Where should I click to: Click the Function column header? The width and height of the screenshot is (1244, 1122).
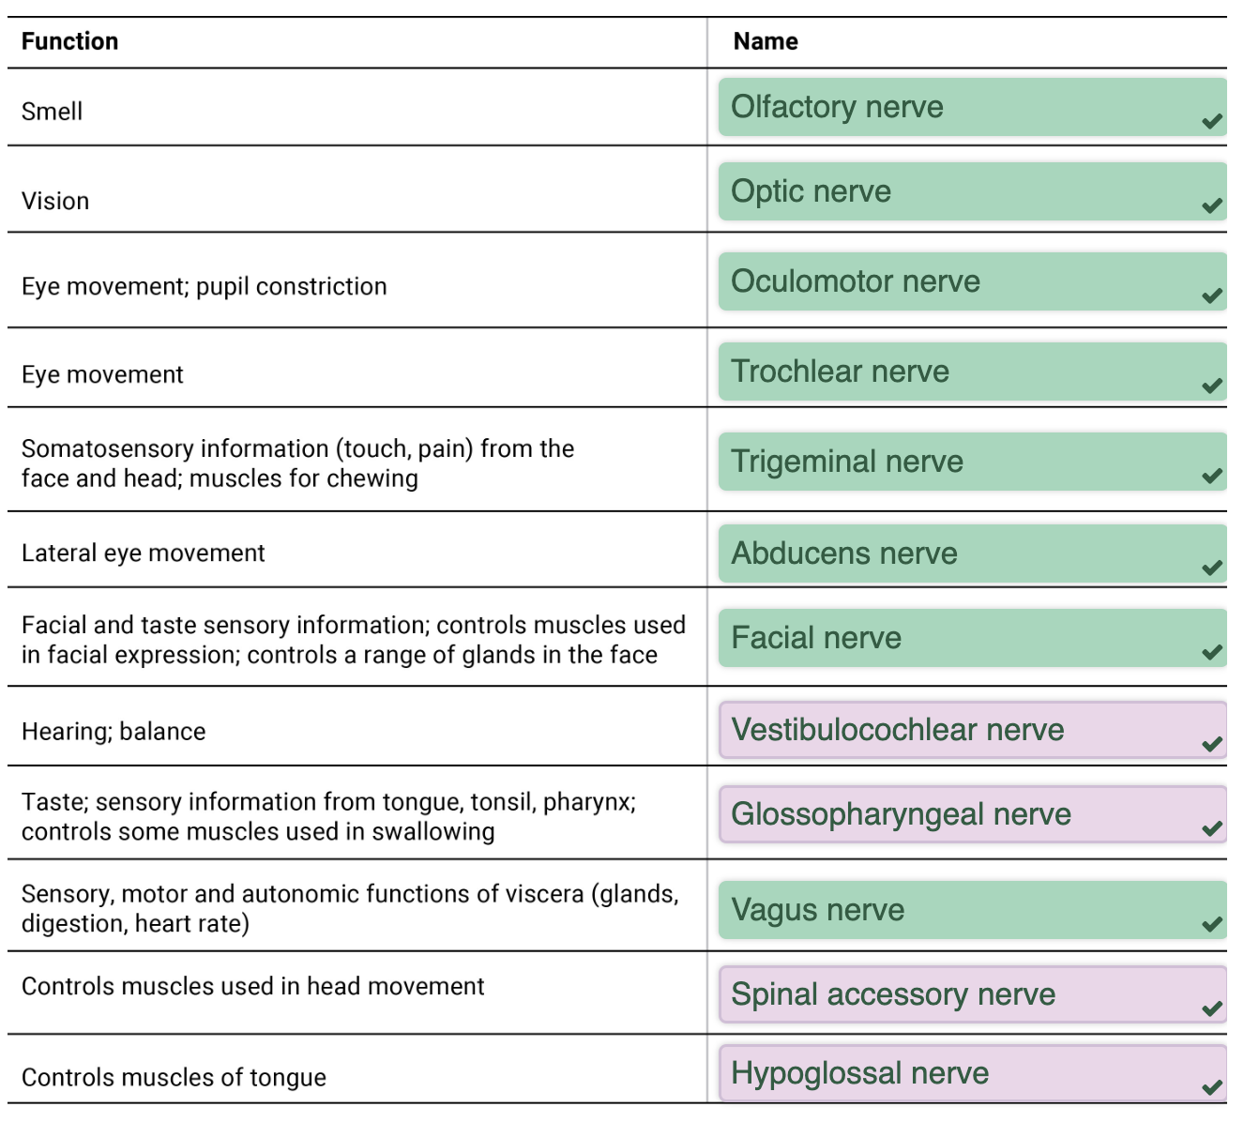click(69, 41)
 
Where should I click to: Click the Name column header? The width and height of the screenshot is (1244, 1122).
click(766, 41)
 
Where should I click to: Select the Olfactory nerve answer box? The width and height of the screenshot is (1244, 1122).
click(972, 107)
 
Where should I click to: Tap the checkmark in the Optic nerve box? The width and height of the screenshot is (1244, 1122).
click(1212, 205)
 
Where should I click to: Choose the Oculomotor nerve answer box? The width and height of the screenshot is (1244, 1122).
click(972, 281)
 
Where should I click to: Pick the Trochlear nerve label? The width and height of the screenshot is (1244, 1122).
click(840, 371)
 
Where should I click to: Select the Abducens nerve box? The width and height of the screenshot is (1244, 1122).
click(972, 553)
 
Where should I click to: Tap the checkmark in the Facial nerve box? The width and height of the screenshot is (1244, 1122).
click(1212, 652)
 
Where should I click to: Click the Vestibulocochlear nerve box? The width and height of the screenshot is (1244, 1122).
click(972, 730)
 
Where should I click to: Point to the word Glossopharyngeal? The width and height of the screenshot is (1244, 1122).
click(857, 815)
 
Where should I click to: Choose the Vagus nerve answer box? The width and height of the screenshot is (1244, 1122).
click(972, 910)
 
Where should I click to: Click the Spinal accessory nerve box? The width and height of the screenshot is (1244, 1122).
click(972, 994)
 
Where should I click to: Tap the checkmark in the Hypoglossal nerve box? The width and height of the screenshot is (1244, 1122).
click(1212, 1087)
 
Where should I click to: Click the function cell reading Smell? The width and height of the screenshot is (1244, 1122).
click(52, 112)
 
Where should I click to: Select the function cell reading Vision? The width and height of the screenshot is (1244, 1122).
click(55, 202)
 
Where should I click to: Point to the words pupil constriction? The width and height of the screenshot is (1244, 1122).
click(292, 287)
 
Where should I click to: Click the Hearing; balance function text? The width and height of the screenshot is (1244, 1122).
click(114, 732)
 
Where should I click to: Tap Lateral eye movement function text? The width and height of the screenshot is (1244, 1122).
click(144, 553)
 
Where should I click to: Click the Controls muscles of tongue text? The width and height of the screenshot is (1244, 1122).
click(174, 1078)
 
